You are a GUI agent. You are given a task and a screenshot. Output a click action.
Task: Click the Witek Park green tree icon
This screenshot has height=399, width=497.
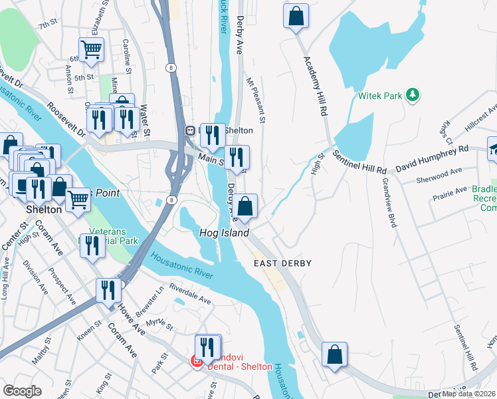pyautogui.click(x=413, y=95)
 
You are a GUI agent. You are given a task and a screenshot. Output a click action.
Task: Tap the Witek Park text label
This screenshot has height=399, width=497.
pyautogui.click(x=380, y=96)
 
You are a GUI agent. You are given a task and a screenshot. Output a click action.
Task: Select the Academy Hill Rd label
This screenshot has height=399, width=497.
pyautogui.click(x=316, y=86)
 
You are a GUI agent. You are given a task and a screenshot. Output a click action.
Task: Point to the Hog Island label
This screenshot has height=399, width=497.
pyautogui.click(x=225, y=233)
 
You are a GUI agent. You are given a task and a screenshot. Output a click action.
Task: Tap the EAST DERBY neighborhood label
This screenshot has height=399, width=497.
pyautogui.click(x=282, y=263)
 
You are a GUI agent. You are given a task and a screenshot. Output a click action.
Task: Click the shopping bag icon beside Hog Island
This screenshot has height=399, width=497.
pyautogui.click(x=245, y=207)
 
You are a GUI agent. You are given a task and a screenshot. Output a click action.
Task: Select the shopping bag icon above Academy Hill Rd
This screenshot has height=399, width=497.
pyautogui.click(x=296, y=16)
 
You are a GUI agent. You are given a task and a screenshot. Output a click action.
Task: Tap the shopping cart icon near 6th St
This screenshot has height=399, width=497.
pyautogui.click(x=91, y=49)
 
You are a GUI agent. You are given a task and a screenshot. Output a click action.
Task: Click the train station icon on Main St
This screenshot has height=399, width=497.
pyautogui.click(x=189, y=131)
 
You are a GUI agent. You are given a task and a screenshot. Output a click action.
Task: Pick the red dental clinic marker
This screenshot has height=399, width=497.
pyautogui.click(x=197, y=361)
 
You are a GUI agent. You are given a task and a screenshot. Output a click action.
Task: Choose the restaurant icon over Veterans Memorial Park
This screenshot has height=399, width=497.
pyautogui.click(x=92, y=245)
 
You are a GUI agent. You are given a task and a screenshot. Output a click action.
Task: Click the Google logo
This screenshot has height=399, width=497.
pyautogui.click(x=22, y=391)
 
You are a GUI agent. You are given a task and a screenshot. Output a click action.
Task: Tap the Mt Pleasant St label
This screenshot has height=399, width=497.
pyautogui.click(x=255, y=101)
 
